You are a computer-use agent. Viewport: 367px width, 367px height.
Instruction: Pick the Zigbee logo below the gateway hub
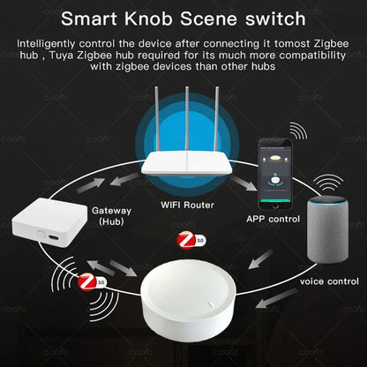tap(87, 283)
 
